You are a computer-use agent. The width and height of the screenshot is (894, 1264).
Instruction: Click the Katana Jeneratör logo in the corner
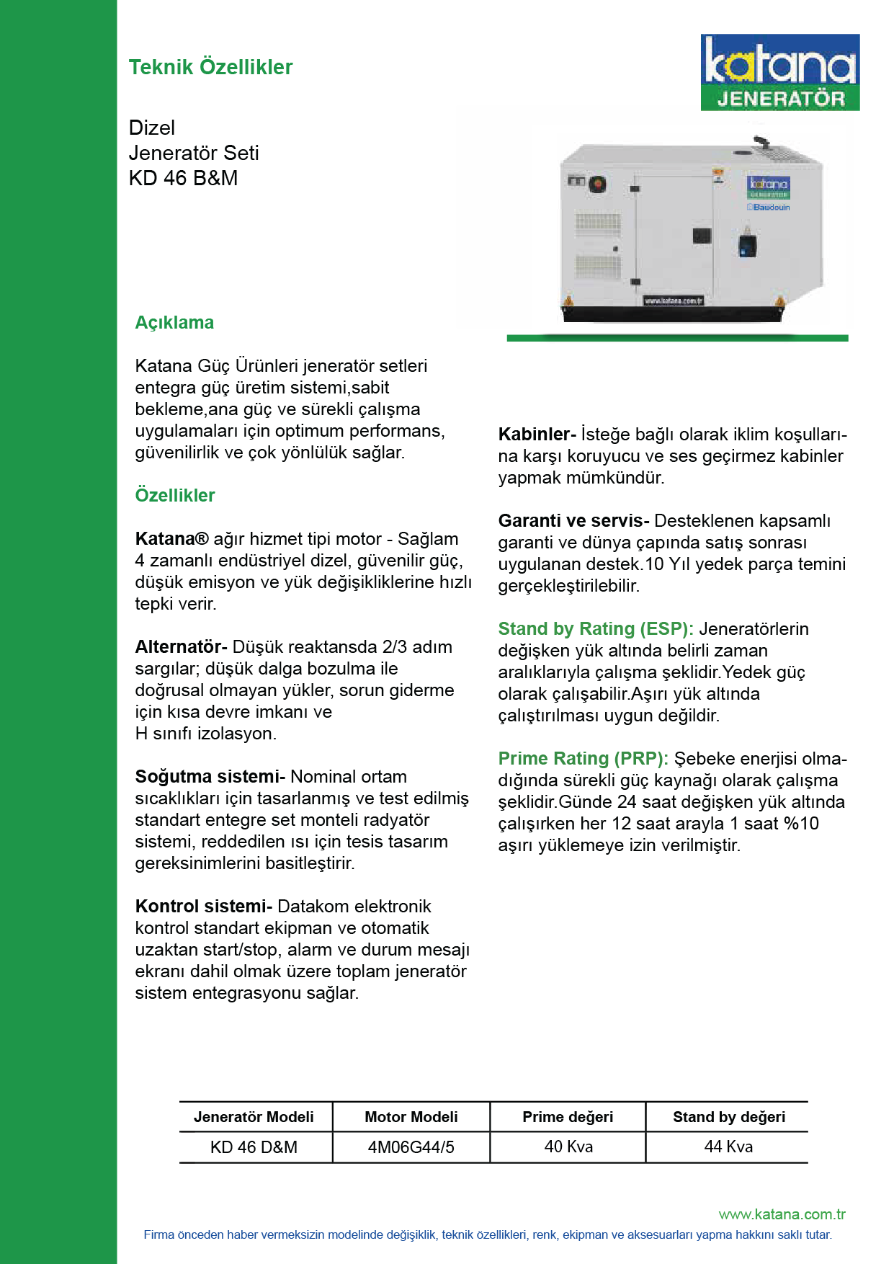click(779, 72)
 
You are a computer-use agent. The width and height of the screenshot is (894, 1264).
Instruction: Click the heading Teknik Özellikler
click(210, 67)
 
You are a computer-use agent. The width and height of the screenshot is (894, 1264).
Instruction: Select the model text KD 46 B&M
click(183, 178)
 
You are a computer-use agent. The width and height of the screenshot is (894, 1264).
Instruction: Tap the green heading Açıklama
click(174, 322)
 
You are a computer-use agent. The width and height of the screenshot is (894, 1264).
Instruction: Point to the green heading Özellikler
click(175, 495)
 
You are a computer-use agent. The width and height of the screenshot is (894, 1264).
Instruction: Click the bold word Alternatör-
click(181, 646)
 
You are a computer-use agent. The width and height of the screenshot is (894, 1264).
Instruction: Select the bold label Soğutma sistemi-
click(210, 776)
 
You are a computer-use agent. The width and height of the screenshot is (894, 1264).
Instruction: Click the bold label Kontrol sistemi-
click(203, 906)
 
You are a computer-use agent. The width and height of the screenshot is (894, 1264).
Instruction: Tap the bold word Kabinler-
click(537, 434)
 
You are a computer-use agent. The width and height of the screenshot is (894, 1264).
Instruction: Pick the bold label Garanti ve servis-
click(573, 520)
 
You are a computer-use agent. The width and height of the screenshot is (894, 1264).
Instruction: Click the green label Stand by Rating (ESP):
click(596, 628)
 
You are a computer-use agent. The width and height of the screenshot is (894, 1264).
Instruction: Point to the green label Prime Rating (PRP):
click(583, 758)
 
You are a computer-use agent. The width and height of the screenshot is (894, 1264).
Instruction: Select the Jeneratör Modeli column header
click(254, 1116)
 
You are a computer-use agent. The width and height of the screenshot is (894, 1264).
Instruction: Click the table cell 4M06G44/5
click(411, 1147)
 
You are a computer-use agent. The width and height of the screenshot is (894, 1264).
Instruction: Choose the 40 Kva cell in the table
click(568, 1146)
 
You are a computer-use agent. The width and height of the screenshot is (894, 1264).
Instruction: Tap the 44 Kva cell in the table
click(728, 1146)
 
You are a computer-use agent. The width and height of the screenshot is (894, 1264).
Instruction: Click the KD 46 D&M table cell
click(254, 1147)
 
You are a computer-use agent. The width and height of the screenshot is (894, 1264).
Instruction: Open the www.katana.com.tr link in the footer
click(782, 1214)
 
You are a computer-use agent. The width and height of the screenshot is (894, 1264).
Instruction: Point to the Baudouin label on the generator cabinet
click(770, 207)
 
